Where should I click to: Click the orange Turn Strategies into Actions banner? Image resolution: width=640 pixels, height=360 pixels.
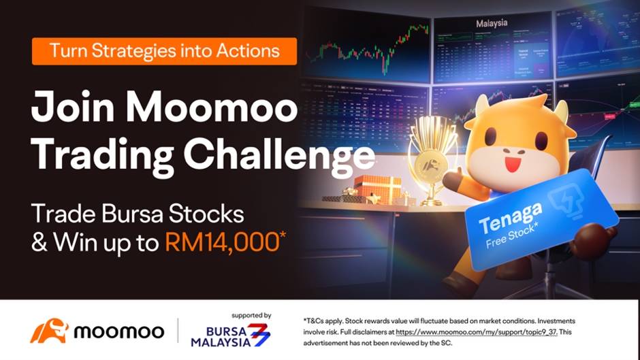click(x=164, y=51)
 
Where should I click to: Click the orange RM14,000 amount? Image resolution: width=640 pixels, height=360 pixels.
click(x=222, y=242)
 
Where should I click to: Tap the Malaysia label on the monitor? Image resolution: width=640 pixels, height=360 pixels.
click(x=492, y=22)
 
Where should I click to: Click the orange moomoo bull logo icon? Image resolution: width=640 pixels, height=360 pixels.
click(x=49, y=331)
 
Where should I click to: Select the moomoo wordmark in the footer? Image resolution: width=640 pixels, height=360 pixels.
click(x=118, y=332)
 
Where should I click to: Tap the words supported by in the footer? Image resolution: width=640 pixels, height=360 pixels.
click(x=251, y=315)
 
